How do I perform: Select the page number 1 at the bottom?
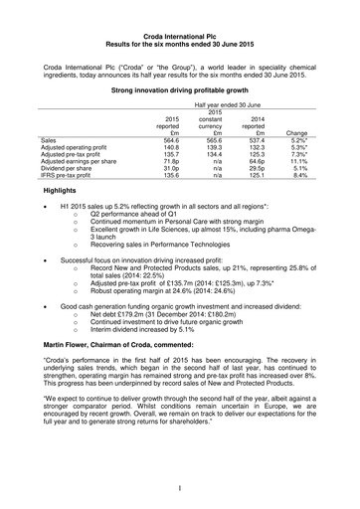pyautogui.click(x=179, y=488)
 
